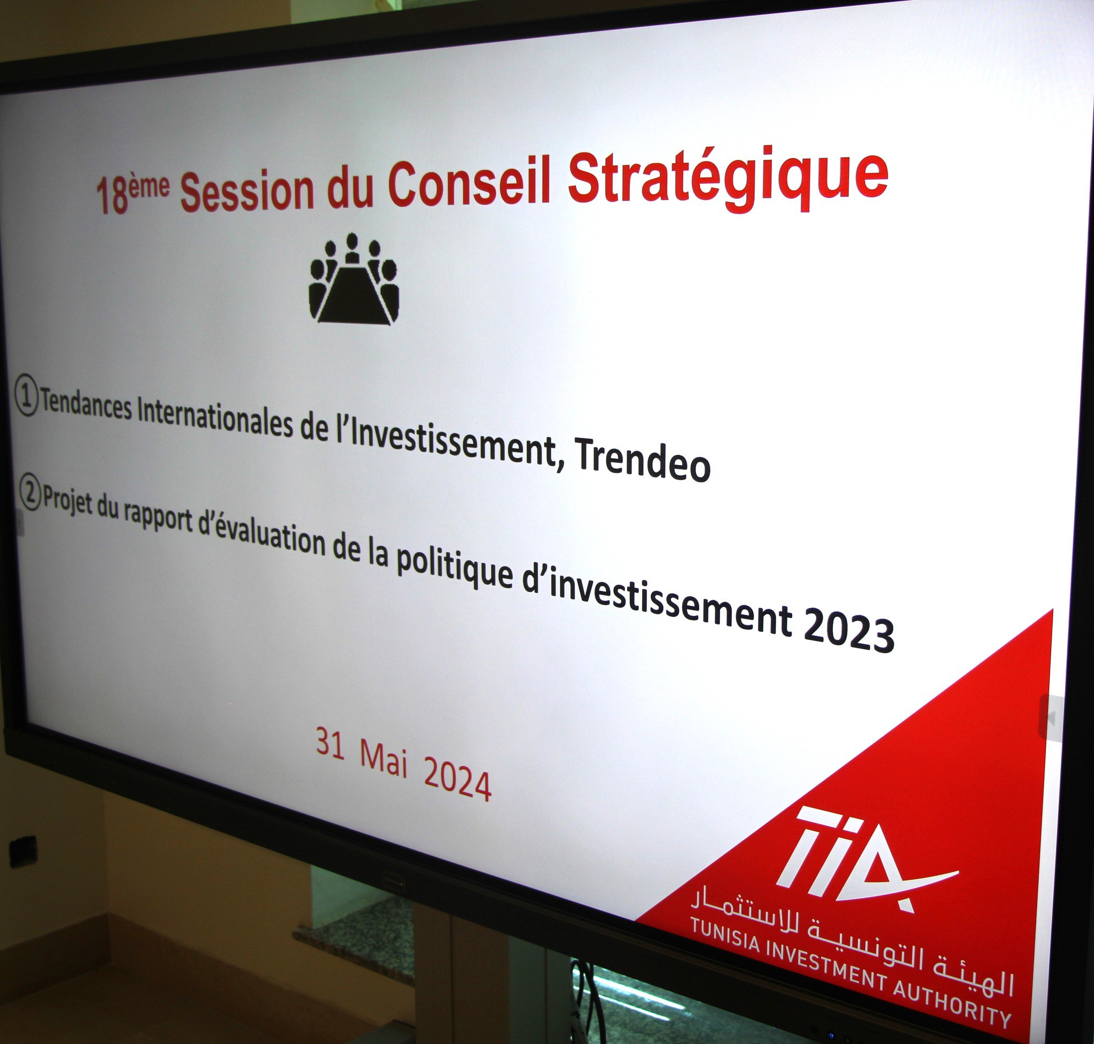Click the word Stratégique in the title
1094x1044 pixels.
pyautogui.click(x=728, y=179)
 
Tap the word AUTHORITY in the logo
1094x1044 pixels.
pyautogui.click(x=951, y=1002)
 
